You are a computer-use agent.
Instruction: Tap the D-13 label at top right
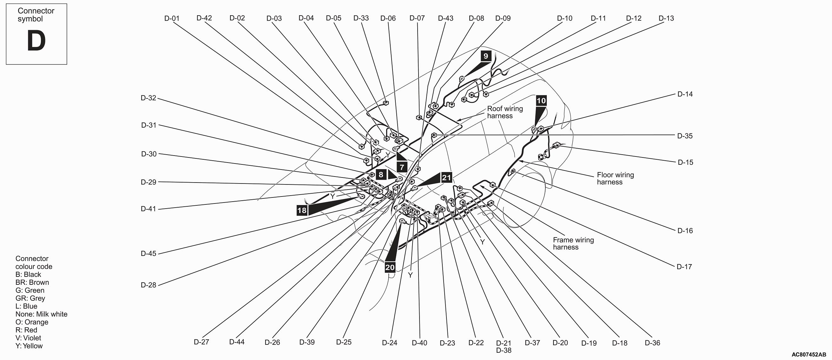[x=666, y=18]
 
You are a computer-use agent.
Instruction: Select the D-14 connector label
[x=685, y=94]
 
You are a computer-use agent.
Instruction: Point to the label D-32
[x=149, y=98]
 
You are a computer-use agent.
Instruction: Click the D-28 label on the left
[x=149, y=285]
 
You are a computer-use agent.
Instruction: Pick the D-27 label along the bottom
[x=201, y=342]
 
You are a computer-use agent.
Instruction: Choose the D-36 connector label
[x=652, y=343]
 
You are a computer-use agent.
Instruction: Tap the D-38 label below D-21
[x=504, y=350]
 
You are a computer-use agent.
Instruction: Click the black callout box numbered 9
[x=486, y=56]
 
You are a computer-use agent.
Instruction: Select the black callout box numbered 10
[x=541, y=101]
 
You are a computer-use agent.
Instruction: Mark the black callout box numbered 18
[x=302, y=210]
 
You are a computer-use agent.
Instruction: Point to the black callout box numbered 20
[x=390, y=267]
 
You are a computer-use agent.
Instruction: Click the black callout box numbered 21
[x=446, y=177]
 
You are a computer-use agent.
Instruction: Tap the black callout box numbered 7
[x=402, y=167]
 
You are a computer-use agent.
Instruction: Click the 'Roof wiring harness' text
[x=505, y=112]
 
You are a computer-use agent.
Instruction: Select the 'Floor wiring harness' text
[x=615, y=178]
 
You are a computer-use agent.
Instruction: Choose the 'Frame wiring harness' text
[x=573, y=243]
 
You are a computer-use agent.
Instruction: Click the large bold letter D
[x=36, y=41]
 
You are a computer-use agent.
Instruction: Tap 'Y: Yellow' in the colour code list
[x=29, y=346]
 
